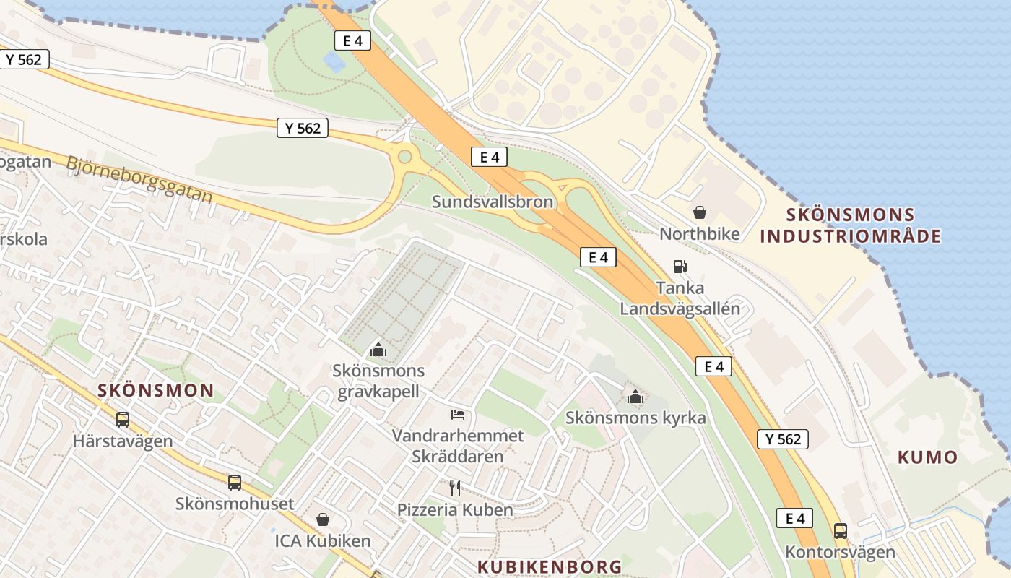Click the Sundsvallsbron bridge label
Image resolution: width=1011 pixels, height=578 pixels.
click(493, 202)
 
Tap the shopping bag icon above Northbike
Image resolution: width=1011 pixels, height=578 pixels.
click(699, 212)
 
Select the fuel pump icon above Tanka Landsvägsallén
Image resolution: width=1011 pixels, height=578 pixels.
click(680, 266)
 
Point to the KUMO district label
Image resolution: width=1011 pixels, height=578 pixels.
click(927, 457)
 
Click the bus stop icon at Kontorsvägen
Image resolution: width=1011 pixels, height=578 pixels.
click(840, 531)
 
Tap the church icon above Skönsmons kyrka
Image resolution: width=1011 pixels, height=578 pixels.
click(635, 396)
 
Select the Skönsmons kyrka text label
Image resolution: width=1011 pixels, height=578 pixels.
click(635, 418)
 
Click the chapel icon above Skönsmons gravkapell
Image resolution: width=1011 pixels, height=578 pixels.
click(378, 350)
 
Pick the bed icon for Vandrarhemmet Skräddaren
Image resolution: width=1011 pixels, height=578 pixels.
click(458, 415)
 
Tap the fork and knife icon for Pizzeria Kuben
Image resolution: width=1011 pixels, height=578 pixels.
click(455, 488)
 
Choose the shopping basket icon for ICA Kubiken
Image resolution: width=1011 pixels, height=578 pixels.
click(322, 519)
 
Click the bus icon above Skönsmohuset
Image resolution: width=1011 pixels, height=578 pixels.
click(234, 482)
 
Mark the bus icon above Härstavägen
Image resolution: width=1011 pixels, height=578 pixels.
click(123, 419)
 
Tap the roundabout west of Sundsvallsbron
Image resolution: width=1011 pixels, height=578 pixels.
click(404, 155)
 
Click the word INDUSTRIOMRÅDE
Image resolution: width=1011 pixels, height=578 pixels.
click(851, 236)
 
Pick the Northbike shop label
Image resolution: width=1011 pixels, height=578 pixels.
click(700, 233)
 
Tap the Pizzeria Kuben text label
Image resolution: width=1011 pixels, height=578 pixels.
click(455, 509)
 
